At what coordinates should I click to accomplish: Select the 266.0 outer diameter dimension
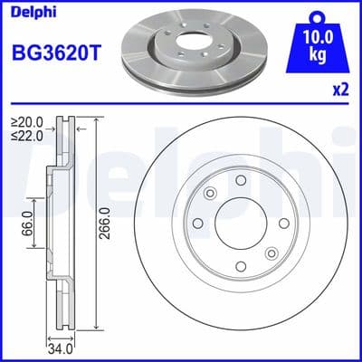click(x=105, y=222)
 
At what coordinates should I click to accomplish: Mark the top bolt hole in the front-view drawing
click(x=241, y=181)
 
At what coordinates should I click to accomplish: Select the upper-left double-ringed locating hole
click(x=211, y=193)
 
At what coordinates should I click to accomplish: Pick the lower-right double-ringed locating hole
click(x=271, y=254)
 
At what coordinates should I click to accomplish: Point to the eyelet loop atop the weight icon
click(x=316, y=14)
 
